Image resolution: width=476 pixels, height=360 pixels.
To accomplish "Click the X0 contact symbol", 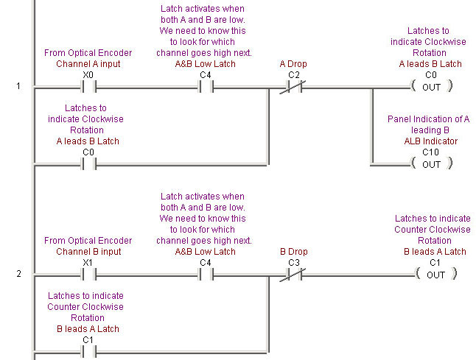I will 88,87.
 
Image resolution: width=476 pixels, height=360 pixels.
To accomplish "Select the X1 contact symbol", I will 88,275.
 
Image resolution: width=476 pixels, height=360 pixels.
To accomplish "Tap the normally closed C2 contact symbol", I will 293,87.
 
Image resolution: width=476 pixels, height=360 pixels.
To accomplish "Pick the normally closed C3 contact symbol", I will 293,275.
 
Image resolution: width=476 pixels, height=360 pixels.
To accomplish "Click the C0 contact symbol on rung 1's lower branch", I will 88,164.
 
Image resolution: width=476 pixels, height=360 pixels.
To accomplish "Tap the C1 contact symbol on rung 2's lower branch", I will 88,352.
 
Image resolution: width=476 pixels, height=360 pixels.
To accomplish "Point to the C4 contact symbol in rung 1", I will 206,87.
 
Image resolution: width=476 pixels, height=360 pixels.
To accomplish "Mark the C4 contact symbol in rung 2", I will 206,275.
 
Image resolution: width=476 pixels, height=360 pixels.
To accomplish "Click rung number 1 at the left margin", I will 18,87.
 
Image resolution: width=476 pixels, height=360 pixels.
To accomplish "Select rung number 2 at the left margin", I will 18,275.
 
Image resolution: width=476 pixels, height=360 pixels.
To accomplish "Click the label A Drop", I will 293,64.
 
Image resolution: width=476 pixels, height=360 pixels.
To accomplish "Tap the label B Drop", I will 293,252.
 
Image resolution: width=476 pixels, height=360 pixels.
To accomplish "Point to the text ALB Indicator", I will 430,141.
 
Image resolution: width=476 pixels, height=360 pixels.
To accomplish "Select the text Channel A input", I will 88,64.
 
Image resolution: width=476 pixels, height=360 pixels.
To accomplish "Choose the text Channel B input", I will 88,252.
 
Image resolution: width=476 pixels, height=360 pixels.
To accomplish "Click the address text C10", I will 430,152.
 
